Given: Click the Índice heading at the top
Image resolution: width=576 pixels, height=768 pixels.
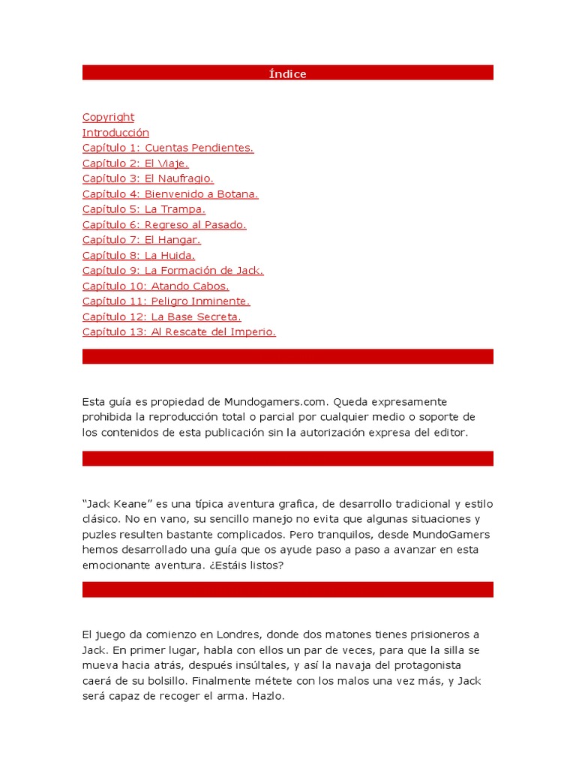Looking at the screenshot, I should pyautogui.click(x=288, y=73).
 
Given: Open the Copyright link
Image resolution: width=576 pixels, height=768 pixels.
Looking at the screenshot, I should pyautogui.click(x=108, y=117).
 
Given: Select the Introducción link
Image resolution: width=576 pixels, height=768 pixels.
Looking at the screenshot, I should pyautogui.click(x=115, y=133).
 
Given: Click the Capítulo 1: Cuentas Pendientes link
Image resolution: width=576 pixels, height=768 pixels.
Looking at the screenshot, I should pyautogui.click(x=168, y=148).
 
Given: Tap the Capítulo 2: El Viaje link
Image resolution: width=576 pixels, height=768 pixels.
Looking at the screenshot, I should pyautogui.click(x=135, y=163).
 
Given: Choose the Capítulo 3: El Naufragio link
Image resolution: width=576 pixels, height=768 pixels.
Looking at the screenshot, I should pyautogui.click(x=148, y=178).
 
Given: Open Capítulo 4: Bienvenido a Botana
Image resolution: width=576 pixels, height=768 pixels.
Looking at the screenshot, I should pyautogui.click(x=170, y=194).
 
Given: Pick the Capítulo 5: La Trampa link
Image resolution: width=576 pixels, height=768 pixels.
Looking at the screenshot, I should pyautogui.click(x=143, y=209).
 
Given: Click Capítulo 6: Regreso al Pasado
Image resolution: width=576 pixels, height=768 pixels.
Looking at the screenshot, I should pyautogui.click(x=164, y=224).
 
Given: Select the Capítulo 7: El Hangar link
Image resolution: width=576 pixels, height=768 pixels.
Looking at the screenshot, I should pyautogui.click(x=141, y=240).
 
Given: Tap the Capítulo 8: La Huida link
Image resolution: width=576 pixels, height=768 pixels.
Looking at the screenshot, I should pyautogui.click(x=138, y=255).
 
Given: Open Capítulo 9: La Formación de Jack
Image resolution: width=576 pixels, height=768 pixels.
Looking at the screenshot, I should pyautogui.click(x=172, y=271).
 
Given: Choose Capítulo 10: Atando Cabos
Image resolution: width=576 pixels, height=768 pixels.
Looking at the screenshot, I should pyautogui.click(x=155, y=286).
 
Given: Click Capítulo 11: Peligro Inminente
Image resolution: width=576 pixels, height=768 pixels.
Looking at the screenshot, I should pyautogui.click(x=166, y=301).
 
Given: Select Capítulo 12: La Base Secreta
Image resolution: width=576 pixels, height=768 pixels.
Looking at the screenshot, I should pyautogui.click(x=161, y=316).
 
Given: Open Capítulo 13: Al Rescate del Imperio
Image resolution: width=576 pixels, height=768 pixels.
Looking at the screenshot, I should pyautogui.click(x=178, y=332).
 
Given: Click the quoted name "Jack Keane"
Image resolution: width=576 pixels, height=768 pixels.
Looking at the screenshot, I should pyautogui.click(x=116, y=504).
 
